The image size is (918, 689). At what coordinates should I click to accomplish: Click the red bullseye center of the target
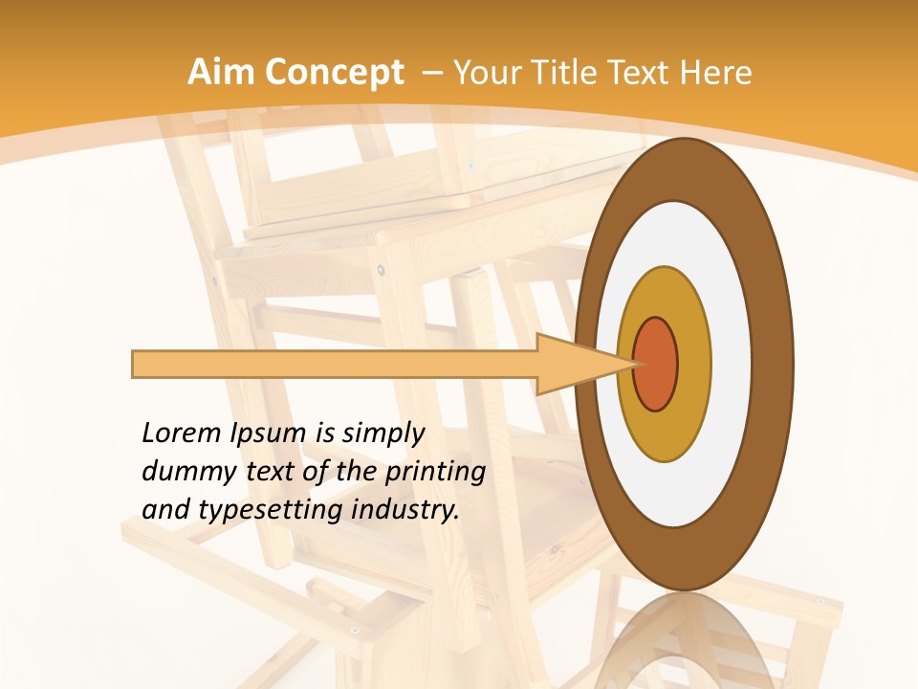point(656,364)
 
